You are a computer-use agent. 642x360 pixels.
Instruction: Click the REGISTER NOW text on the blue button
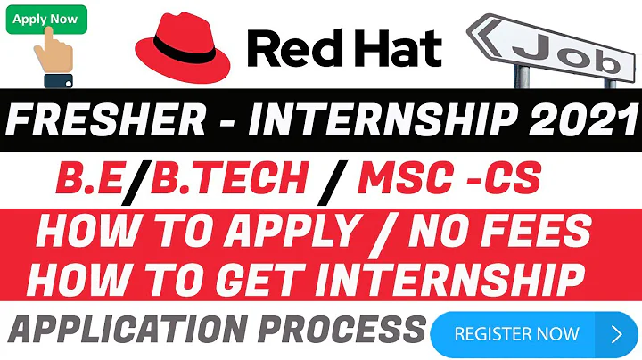point(516,335)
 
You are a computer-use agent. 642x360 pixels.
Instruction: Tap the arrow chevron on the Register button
point(616,335)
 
